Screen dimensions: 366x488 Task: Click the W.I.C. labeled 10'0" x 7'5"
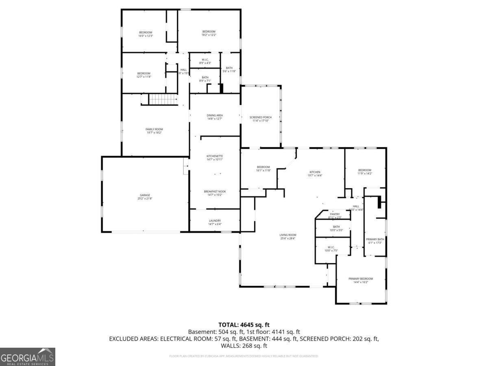[331, 249]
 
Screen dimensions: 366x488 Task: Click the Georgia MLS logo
[28, 357]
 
